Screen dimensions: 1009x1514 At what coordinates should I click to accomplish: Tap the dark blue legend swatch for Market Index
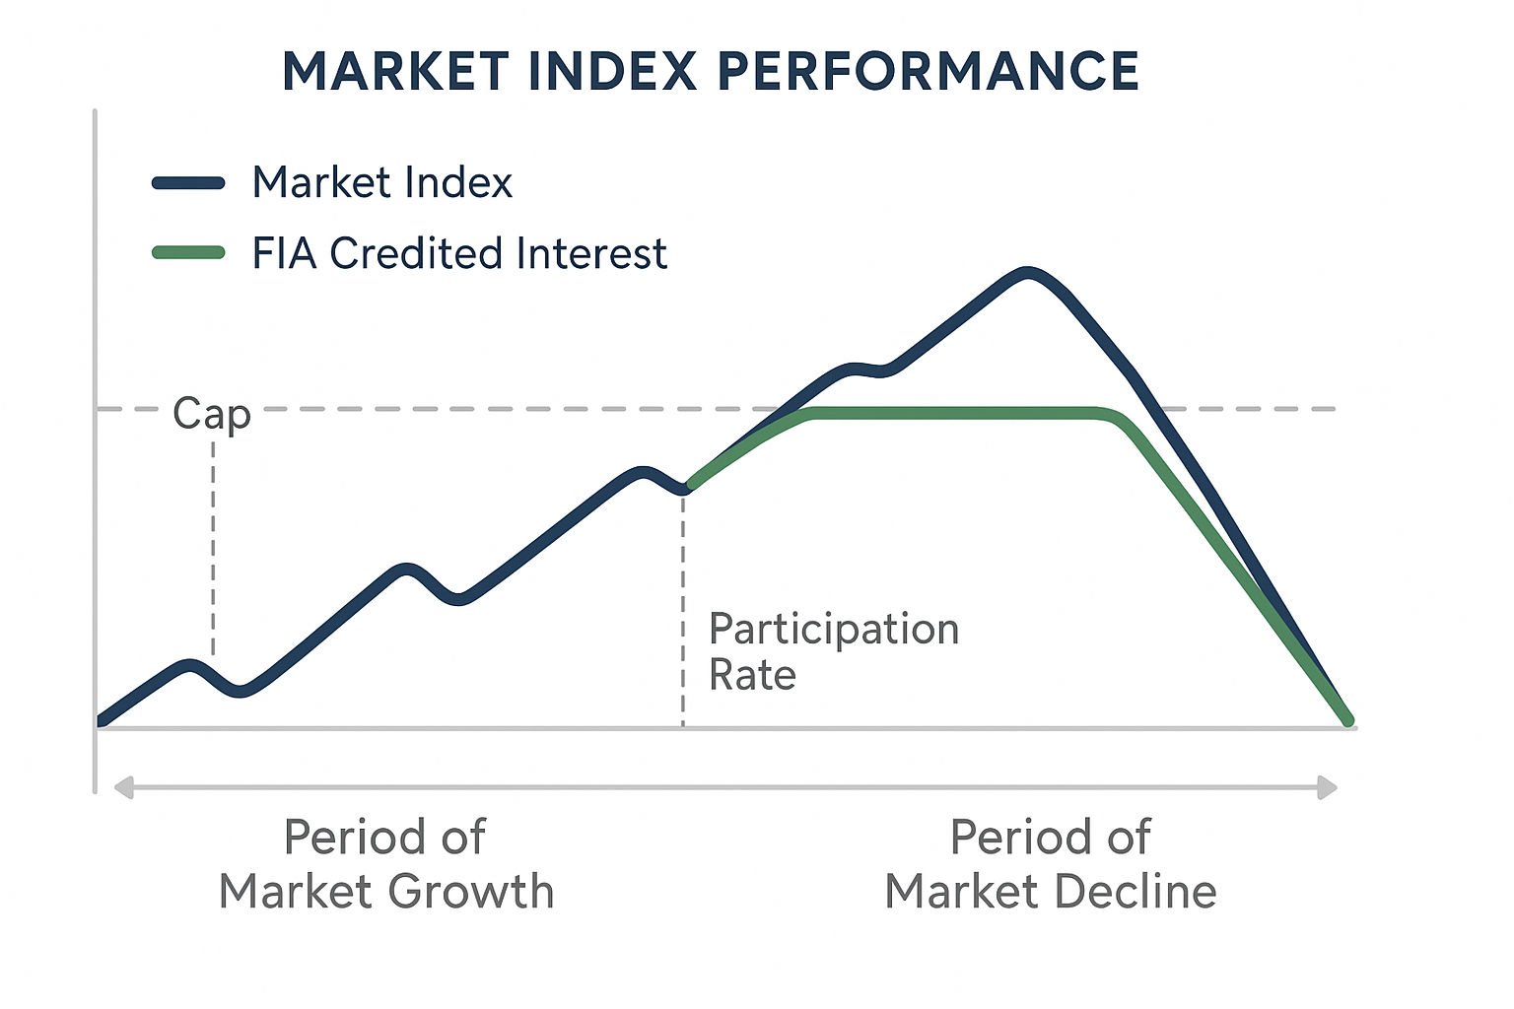[188, 183]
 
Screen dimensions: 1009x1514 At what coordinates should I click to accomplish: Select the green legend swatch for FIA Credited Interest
[188, 253]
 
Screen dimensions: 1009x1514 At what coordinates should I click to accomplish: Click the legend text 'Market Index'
[382, 183]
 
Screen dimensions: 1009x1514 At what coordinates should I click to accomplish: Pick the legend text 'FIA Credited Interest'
[459, 253]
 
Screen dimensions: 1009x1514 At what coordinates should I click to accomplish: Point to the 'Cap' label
[212, 413]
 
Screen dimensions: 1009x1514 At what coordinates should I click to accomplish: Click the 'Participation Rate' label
[833, 651]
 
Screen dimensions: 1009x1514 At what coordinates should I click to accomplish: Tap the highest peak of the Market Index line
[1027, 272]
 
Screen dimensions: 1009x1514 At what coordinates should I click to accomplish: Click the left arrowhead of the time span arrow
[123, 787]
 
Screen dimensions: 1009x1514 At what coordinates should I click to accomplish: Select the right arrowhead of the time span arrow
[1328, 787]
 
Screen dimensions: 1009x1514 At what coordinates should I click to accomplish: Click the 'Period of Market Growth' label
[385, 864]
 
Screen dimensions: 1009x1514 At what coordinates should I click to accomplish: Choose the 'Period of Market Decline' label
[1050, 864]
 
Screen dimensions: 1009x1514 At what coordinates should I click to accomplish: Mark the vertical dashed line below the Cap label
[213, 542]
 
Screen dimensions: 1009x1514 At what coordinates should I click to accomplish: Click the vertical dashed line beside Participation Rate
[683, 611]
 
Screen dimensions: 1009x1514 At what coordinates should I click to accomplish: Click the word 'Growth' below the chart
[470, 892]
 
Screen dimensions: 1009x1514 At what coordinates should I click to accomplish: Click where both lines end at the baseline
[1347, 721]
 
